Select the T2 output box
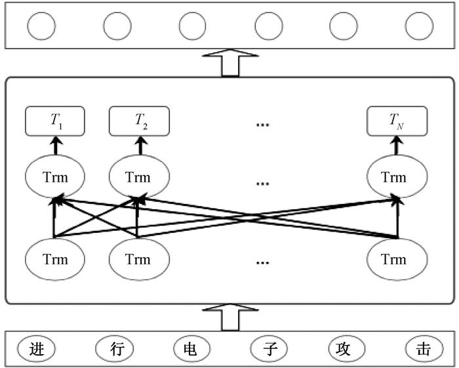(x=138, y=120)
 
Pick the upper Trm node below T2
(x=138, y=177)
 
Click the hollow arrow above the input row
(x=229, y=316)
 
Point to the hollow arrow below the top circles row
(x=229, y=63)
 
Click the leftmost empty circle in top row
(x=41, y=26)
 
